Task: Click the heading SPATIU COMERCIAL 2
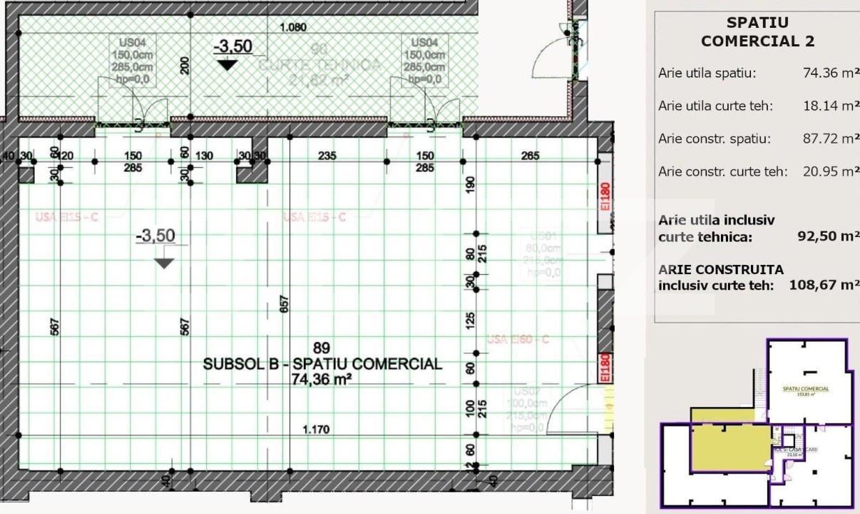click(x=757, y=32)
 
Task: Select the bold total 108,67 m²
click(x=824, y=285)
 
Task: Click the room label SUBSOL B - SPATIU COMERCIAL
click(x=322, y=364)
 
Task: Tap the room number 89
click(x=322, y=348)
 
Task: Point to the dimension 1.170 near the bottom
click(x=317, y=430)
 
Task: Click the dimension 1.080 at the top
click(x=293, y=28)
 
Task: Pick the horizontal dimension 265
click(x=530, y=156)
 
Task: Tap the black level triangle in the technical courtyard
click(x=227, y=64)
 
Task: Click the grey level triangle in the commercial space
click(x=165, y=263)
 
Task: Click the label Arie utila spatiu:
click(x=707, y=73)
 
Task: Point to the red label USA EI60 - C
click(x=517, y=339)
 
